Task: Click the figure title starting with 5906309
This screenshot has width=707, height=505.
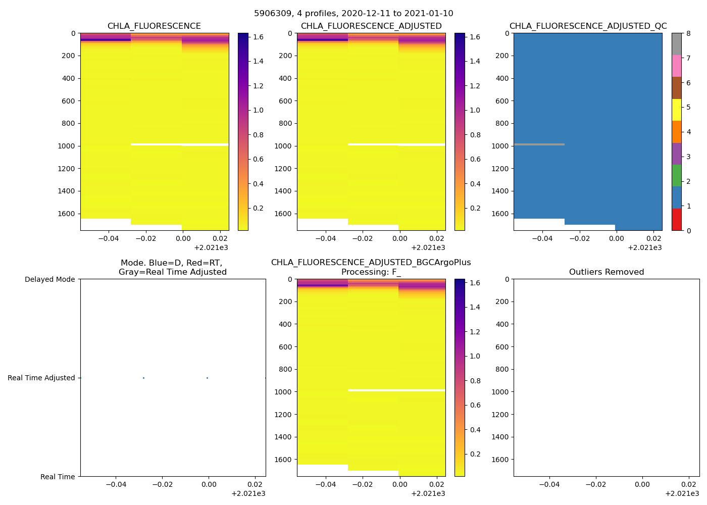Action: coord(353,14)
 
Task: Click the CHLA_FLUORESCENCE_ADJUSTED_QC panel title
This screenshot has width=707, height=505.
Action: coord(588,26)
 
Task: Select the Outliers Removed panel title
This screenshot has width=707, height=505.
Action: coord(607,272)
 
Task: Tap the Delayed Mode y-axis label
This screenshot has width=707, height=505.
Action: coord(49,279)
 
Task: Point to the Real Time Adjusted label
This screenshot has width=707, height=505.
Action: coord(41,378)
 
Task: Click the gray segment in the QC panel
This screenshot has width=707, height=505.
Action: coord(539,144)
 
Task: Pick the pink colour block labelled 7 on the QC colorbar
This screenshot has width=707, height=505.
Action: coord(677,66)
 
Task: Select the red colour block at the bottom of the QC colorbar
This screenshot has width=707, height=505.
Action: coord(677,220)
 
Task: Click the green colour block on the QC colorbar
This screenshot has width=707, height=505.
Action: coord(677,176)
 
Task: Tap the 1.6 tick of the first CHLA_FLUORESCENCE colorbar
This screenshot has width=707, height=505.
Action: coord(258,37)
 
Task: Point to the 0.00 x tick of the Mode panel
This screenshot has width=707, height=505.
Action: coord(209,484)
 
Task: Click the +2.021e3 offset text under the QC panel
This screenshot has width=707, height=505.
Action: coord(644,248)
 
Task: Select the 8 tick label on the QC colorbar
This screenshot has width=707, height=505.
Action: coord(688,34)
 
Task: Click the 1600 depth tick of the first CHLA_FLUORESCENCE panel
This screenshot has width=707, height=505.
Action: coord(66,214)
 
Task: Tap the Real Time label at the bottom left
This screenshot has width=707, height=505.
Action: coord(58,477)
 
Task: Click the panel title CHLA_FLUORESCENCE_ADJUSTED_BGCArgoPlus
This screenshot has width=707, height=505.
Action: coord(371,263)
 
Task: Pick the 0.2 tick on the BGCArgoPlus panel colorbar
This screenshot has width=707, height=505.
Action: coord(475,454)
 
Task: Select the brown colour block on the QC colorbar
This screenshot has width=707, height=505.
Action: coord(677,88)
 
